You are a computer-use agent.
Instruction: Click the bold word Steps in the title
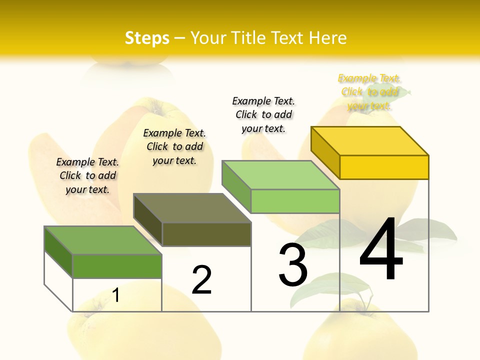[x=147, y=38]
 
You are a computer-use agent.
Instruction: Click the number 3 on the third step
[x=293, y=265]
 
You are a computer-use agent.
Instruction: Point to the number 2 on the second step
[x=202, y=280]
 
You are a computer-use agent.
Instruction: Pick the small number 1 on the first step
[x=116, y=295]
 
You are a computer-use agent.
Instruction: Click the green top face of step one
[x=103, y=240]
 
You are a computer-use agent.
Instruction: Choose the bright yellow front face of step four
[x=384, y=167]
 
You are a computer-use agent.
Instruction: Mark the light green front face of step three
[x=295, y=201]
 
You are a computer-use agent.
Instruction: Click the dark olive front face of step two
[x=206, y=234]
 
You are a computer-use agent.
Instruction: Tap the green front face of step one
[x=117, y=266]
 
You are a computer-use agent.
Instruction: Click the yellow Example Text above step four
[x=369, y=92]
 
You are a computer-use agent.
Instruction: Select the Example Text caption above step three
[x=263, y=114]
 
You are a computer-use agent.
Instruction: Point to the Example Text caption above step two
[x=174, y=146]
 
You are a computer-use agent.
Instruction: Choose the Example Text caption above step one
[x=87, y=175]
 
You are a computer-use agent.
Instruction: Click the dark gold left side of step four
[x=325, y=152]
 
